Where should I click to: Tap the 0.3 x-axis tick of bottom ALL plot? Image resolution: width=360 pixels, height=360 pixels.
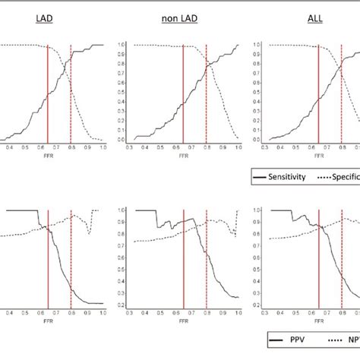tap(265, 311)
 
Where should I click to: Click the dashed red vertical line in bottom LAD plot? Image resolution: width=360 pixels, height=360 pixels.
tap(71, 258)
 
